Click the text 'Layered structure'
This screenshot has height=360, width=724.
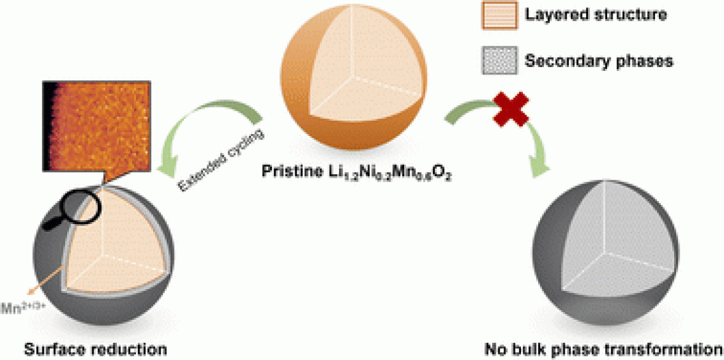(x=596, y=15)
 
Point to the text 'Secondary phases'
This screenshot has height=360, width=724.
(x=599, y=61)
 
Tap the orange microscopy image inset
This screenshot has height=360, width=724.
(x=95, y=126)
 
